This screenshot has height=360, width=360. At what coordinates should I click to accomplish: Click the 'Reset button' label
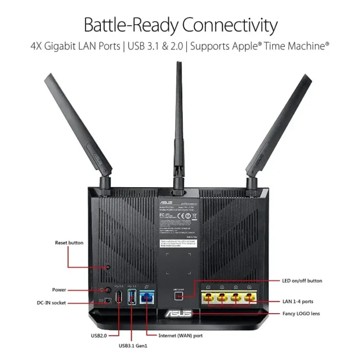click(x=69, y=242)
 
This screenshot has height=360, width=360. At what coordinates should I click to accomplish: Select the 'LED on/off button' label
click(x=302, y=281)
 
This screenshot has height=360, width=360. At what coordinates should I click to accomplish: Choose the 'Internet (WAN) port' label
click(x=181, y=335)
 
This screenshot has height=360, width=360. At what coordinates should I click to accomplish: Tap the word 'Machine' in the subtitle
click(x=303, y=46)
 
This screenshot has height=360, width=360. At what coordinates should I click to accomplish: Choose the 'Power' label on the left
click(x=59, y=290)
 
